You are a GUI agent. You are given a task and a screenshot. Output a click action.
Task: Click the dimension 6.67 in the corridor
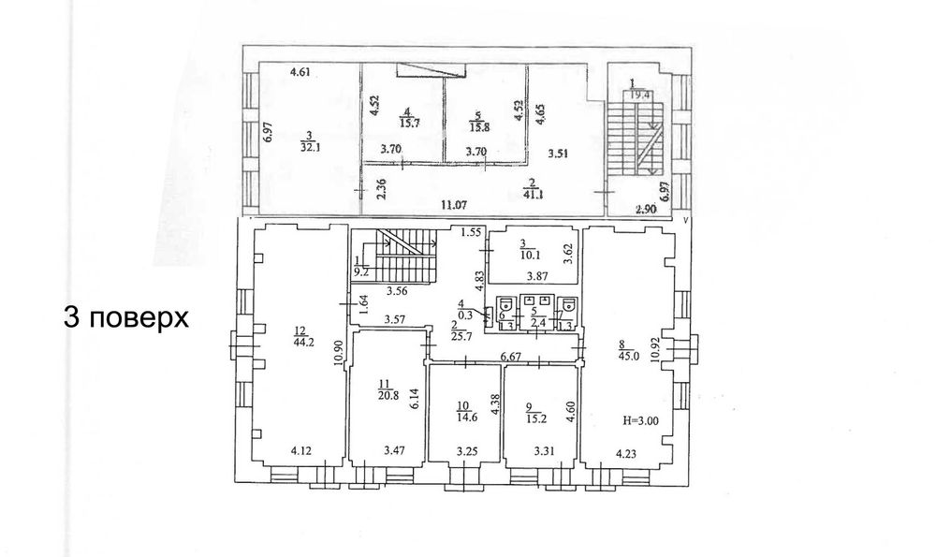coord(511,357)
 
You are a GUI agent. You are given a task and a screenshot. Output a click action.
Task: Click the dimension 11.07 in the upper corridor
coord(455,204)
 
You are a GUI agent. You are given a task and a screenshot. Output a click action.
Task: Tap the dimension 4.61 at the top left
coord(300,72)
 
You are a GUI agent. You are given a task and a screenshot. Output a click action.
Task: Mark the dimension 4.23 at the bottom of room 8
coord(627,453)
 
